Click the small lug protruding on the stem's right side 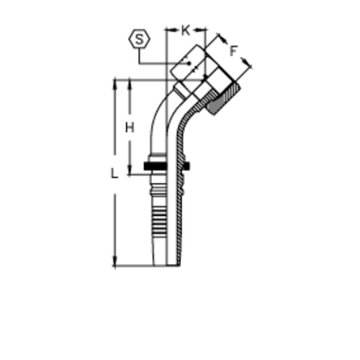pos(180,172)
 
